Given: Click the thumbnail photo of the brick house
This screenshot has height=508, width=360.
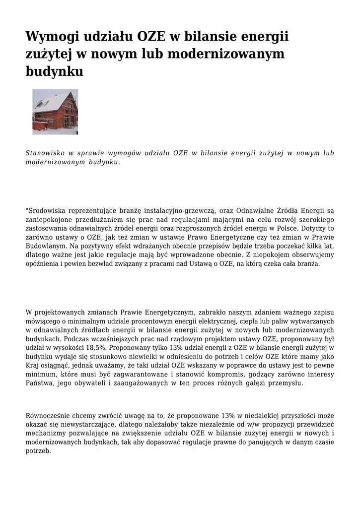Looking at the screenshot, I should [x=55, y=112].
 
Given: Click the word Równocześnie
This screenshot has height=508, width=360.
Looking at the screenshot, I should [x=49, y=416].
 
